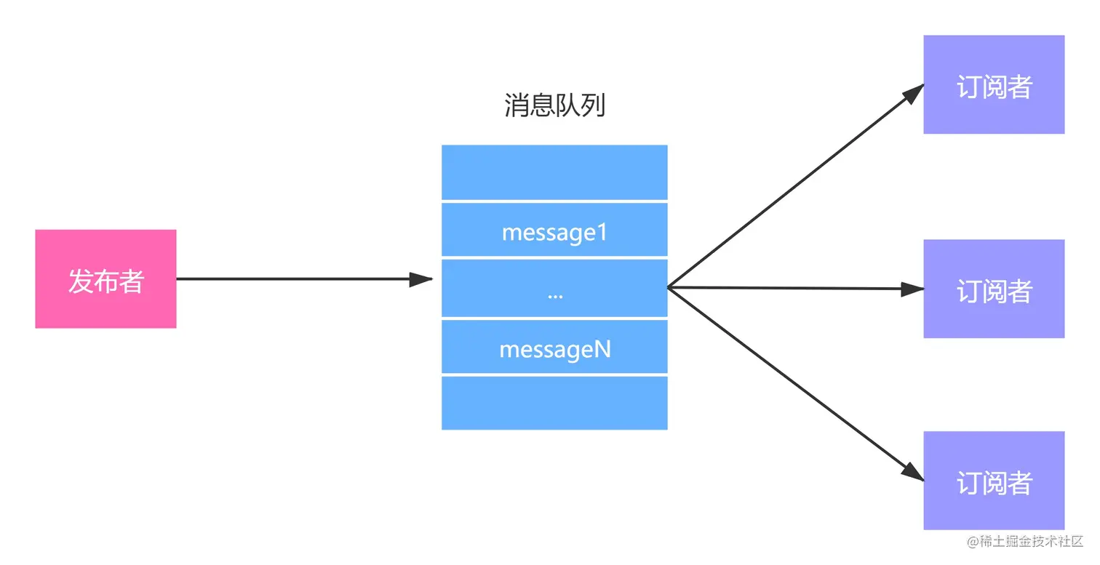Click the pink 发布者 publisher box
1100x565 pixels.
(x=105, y=279)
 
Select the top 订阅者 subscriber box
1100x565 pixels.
(x=994, y=85)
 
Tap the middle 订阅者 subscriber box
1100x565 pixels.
(x=994, y=289)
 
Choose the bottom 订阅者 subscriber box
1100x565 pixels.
(x=994, y=481)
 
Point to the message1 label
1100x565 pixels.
(x=554, y=233)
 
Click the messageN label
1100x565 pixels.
(x=554, y=350)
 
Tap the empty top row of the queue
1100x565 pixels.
(x=554, y=172)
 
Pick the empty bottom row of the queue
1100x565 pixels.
(x=554, y=403)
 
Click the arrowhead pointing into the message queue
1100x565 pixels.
(x=421, y=279)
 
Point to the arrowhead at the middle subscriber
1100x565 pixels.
(x=912, y=289)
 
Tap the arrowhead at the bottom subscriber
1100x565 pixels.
(x=912, y=471)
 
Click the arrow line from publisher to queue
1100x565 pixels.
(x=291, y=279)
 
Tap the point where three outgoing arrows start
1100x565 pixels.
(x=669, y=288)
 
